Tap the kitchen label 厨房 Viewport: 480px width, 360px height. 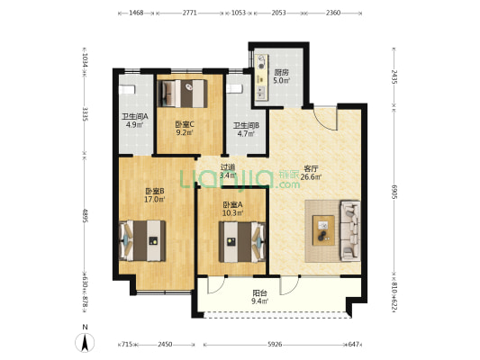[x=281, y=73]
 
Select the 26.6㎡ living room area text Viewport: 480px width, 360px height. [x=311, y=176]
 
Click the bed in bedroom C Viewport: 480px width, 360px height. [x=183, y=94]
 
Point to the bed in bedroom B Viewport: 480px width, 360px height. [x=142, y=240]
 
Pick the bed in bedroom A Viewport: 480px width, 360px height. [x=242, y=242]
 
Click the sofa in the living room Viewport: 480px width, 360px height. [x=350, y=231]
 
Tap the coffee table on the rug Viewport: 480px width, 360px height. [x=323, y=230]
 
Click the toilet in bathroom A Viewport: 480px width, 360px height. [x=127, y=90]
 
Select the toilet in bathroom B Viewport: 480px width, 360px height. [x=234, y=89]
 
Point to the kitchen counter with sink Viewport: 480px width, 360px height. [x=262, y=77]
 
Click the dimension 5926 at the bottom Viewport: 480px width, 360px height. [x=275, y=345]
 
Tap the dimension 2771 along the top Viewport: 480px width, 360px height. [x=189, y=13]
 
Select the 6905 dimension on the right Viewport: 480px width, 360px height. [x=394, y=192]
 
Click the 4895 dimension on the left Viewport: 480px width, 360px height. [x=85, y=216]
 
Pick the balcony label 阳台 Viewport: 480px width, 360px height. [x=259, y=293]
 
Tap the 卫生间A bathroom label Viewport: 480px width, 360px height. [x=135, y=116]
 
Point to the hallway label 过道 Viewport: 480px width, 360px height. [x=228, y=167]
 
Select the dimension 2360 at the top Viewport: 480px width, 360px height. [x=333, y=13]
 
